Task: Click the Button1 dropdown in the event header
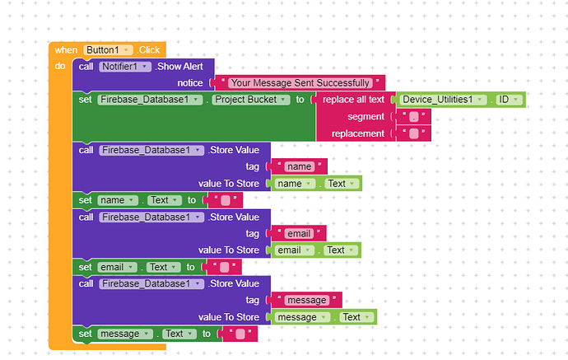(108, 50)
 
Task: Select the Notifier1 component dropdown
(125, 67)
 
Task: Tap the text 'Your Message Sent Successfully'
(300, 83)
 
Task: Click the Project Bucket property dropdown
(251, 100)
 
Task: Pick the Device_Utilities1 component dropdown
(443, 100)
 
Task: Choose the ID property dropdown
(509, 100)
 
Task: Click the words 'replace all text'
(353, 100)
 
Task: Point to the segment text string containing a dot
(413, 117)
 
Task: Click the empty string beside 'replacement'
(413, 133)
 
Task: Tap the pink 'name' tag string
(299, 166)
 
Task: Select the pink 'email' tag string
(299, 234)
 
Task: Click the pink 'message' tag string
(307, 301)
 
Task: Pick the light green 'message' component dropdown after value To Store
(302, 318)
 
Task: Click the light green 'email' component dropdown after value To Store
(294, 250)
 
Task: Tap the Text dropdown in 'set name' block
(165, 200)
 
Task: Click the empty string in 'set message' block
(240, 334)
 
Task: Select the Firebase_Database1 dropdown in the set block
(150, 100)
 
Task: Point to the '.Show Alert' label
(180, 67)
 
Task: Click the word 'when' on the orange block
(66, 50)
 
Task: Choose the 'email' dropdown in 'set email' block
(117, 268)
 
